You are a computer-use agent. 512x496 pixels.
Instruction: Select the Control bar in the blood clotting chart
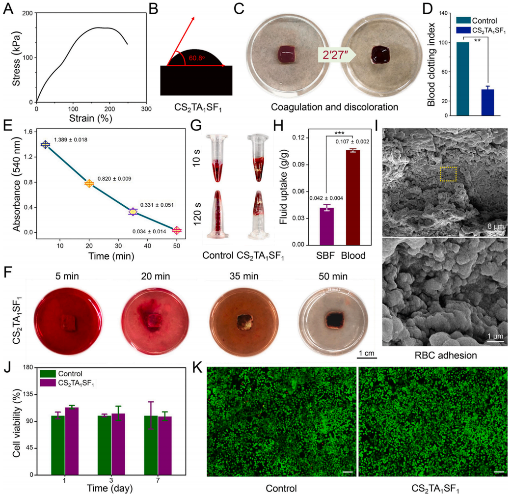(462, 79)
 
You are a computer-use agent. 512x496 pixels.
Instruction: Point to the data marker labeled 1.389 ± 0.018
(46, 144)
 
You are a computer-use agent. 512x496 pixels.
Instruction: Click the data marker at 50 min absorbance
(177, 230)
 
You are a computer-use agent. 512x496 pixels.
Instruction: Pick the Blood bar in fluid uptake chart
(352, 197)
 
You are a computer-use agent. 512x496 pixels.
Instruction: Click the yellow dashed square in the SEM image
(448, 174)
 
